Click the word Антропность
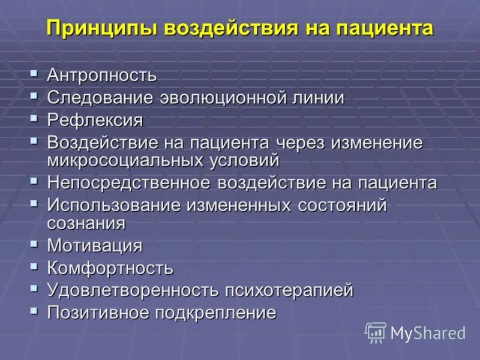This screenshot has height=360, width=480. point(102,76)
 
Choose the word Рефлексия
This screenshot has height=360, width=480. point(95,120)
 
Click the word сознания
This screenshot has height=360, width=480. point(86,223)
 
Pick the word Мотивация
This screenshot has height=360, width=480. point(95,245)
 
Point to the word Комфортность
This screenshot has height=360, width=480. point(110,268)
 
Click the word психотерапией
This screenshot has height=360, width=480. point(289,290)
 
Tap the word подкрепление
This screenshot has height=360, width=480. point(217,313)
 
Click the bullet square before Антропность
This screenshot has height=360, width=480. point(34,74)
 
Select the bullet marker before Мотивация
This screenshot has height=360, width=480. point(34,244)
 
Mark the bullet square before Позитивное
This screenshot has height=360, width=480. point(34,311)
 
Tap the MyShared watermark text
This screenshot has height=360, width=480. point(428,334)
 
